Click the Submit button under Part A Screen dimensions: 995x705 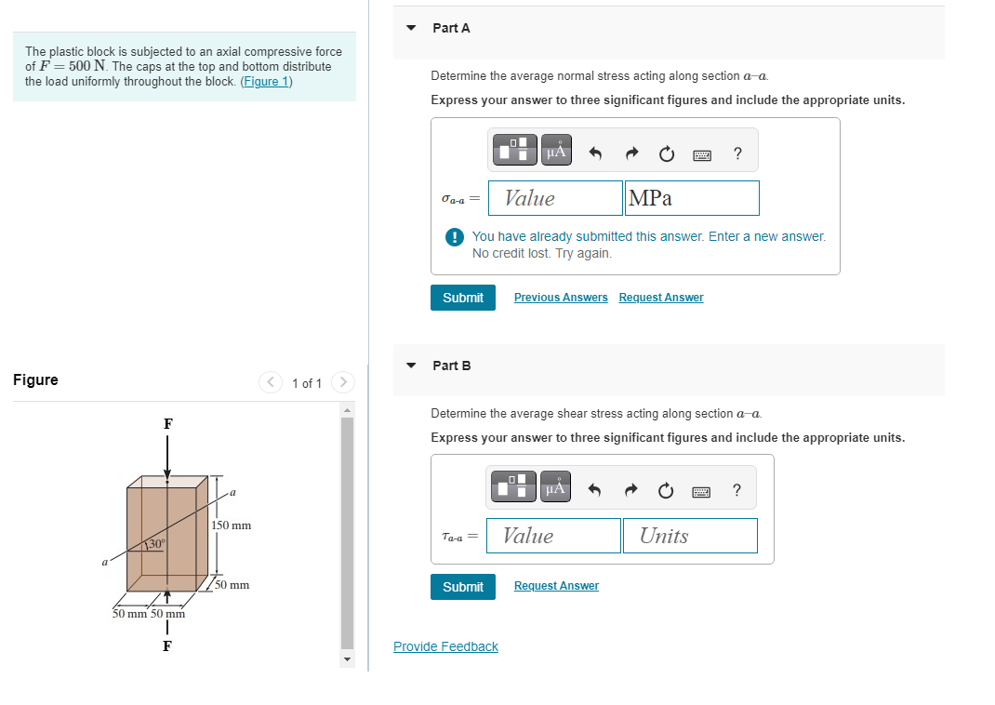(462, 298)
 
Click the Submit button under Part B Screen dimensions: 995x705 (462, 587)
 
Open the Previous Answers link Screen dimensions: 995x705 (561, 298)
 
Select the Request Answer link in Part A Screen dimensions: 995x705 (661, 298)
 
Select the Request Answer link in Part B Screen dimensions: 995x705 (556, 586)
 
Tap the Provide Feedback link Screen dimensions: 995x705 (445, 646)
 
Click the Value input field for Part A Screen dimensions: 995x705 (555, 198)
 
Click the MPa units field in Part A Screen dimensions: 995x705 (692, 198)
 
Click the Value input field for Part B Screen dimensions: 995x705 (553, 536)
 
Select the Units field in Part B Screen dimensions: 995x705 (690, 536)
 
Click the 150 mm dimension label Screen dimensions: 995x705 (231, 525)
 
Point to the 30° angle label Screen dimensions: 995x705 (156, 544)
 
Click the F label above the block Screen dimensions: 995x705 (167, 424)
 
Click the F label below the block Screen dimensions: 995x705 (166, 646)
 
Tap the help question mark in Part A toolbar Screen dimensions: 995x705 (737, 153)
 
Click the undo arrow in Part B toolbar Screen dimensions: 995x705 (594, 490)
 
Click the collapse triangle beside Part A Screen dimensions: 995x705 (411, 28)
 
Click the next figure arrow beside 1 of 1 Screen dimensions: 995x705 (343, 382)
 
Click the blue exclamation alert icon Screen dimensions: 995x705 (455, 237)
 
